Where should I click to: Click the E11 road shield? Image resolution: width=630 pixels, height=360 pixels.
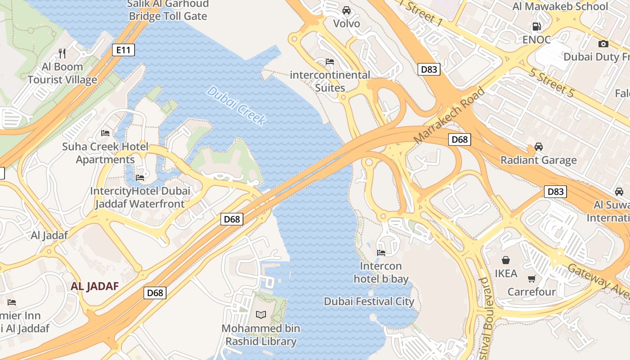pyautogui.click(x=123, y=50)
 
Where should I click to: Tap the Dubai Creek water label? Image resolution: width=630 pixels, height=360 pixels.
pyautogui.click(x=237, y=106)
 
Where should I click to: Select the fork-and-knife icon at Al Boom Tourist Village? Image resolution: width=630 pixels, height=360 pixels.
pyautogui.click(x=62, y=54)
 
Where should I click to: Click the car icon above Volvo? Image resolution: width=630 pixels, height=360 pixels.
pyautogui.click(x=346, y=10)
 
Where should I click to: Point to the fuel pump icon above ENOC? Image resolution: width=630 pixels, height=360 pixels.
pyautogui.click(x=536, y=27)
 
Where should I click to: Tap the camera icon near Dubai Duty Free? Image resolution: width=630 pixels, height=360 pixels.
pyautogui.click(x=603, y=44)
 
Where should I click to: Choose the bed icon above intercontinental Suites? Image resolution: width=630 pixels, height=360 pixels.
pyautogui.click(x=330, y=62)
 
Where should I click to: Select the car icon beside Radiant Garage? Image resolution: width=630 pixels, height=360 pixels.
pyautogui.click(x=538, y=147)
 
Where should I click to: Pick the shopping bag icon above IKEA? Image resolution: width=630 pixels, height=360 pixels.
pyautogui.click(x=506, y=260)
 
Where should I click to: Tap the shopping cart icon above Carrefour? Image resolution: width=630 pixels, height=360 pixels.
pyautogui.click(x=531, y=279)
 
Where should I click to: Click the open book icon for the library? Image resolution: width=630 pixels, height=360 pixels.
pyautogui.click(x=261, y=315)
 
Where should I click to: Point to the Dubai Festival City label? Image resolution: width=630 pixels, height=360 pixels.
pyautogui.click(x=369, y=301)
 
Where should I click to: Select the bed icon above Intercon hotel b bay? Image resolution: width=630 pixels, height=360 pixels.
pyautogui.click(x=381, y=252)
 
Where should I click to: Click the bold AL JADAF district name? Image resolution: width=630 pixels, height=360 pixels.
pyautogui.click(x=94, y=286)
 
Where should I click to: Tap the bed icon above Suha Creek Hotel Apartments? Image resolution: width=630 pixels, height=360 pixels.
pyautogui.click(x=105, y=133)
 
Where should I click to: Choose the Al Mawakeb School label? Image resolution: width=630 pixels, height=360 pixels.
pyautogui.click(x=560, y=6)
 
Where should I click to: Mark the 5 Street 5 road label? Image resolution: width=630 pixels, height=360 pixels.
pyautogui.click(x=551, y=82)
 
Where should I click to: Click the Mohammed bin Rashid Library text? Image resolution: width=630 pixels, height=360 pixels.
pyautogui.click(x=261, y=335)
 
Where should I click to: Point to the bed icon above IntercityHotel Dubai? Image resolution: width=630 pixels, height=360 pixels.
pyautogui.click(x=140, y=178)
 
